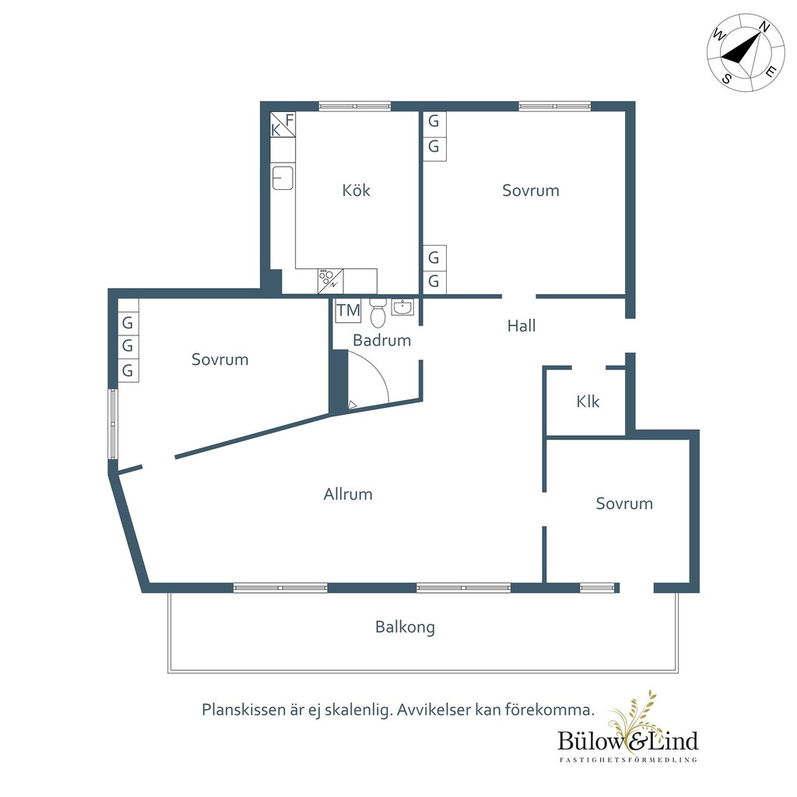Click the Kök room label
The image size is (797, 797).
pos(356,191)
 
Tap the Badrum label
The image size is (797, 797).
pos(381,340)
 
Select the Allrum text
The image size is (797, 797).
pos(348,494)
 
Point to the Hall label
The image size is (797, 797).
pos(521,326)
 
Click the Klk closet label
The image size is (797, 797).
pos(588,402)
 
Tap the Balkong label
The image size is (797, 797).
pos(405,627)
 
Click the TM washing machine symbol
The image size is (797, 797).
pos(348,310)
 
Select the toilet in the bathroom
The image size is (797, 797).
pos(377,313)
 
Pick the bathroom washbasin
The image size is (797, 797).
pos(402,307)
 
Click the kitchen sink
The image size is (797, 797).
pos(283,178)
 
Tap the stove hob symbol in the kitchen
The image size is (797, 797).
pos(330,281)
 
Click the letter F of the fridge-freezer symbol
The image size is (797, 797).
pos(290,120)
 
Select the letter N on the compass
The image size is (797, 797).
pos(764,27)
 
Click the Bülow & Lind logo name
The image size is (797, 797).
pos(628,741)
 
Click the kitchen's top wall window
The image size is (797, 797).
pos(355,106)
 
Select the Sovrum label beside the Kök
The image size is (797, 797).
pos(531,191)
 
